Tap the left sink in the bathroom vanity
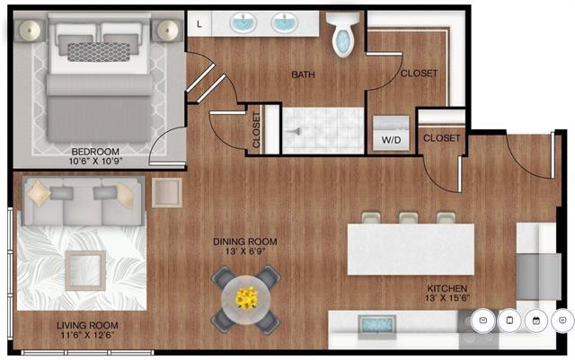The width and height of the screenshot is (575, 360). (x=243, y=22)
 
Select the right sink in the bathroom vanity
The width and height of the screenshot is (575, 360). (x=283, y=22)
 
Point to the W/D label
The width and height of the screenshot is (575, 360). (x=391, y=140)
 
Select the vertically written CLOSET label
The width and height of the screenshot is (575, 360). (x=258, y=130)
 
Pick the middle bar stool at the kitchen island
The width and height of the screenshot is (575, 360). (x=409, y=218)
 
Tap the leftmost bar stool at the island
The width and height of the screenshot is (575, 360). (x=370, y=218)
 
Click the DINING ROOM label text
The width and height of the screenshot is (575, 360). (x=244, y=241)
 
